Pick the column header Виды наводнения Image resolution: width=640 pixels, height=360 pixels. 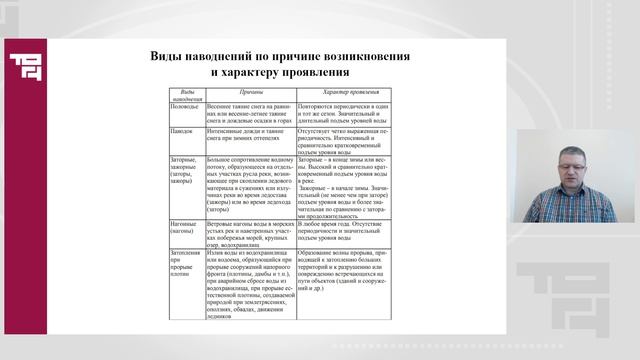183,96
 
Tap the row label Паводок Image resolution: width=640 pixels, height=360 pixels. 181,131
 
